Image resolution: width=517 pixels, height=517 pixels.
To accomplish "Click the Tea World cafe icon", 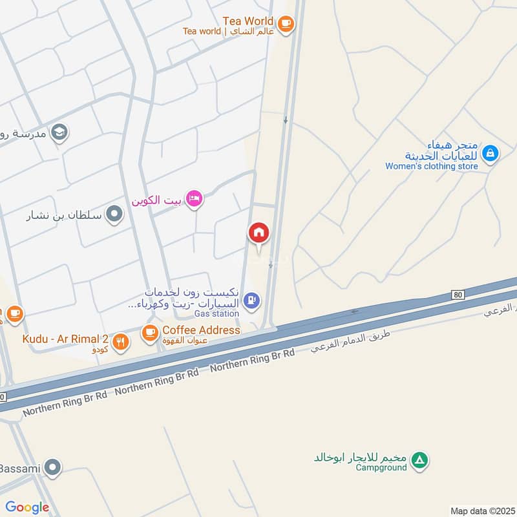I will click(286, 25).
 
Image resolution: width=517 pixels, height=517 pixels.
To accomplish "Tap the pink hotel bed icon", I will click(193, 198).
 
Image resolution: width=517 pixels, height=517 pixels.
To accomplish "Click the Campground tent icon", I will click(420, 461).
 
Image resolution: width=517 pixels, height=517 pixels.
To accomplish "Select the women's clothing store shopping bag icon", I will click(491, 154).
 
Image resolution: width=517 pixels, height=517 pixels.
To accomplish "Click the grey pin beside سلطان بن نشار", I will click(114, 214).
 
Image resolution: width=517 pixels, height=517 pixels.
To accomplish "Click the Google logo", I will click(27, 507).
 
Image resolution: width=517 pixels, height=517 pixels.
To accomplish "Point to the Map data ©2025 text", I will click(481, 511).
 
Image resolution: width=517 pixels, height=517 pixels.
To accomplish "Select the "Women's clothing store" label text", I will click(432, 166).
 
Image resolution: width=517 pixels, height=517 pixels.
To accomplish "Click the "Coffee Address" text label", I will click(201, 330).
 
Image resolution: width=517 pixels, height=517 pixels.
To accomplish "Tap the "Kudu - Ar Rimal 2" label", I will click(65, 339).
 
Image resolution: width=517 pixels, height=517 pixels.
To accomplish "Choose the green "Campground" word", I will click(382, 467).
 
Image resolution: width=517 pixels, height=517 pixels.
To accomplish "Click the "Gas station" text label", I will click(217, 313).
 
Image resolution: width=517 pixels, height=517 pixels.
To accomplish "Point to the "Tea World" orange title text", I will click(249, 21).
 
